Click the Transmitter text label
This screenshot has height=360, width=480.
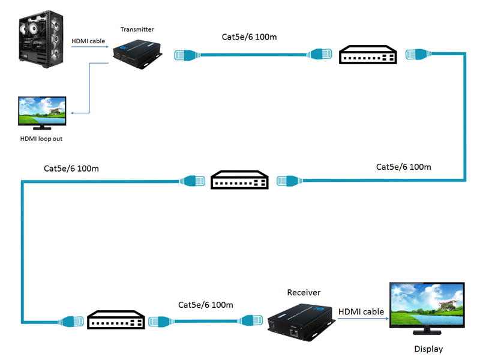(x=137, y=29)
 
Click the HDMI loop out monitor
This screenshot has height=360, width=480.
(x=43, y=112)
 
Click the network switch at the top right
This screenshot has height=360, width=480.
(x=368, y=55)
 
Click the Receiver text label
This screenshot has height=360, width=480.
(x=304, y=293)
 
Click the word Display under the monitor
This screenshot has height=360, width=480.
(x=428, y=349)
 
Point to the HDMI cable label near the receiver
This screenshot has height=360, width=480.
(x=361, y=311)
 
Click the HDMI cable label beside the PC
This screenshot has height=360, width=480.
(x=88, y=41)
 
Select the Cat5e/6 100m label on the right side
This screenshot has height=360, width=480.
(x=403, y=166)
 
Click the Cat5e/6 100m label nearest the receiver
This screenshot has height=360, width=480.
(x=206, y=305)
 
